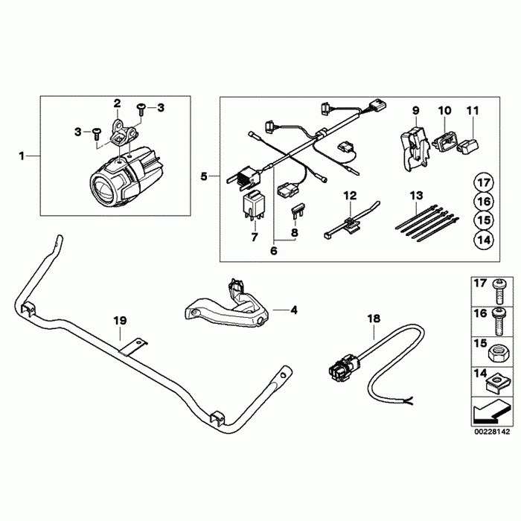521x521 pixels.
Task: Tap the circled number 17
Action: (483, 182)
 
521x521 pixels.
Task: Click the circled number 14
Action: (483, 240)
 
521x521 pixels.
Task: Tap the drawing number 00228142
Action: (492, 429)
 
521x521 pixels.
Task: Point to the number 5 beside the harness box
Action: (205, 176)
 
